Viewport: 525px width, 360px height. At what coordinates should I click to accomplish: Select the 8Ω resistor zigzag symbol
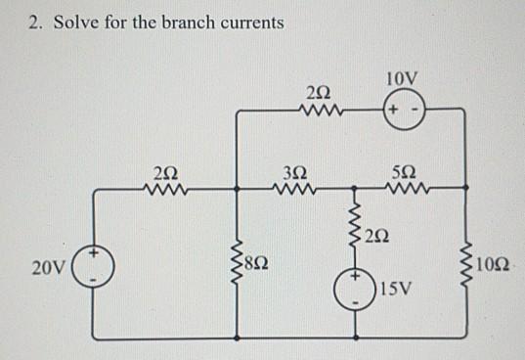[235, 262]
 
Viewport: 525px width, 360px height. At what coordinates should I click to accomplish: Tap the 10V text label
[402, 78]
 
